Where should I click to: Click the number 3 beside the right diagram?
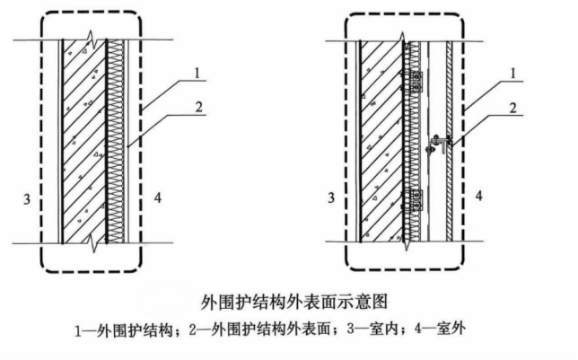pos(331,195)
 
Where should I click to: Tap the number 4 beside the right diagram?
pos(478,195)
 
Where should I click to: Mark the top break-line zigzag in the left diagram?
pos(90,41)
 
